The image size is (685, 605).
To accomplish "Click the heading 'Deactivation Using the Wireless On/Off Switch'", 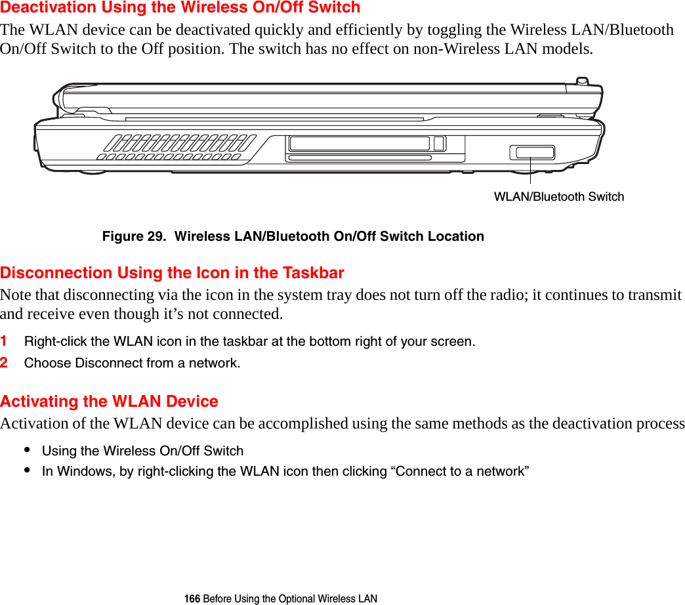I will (180, 8).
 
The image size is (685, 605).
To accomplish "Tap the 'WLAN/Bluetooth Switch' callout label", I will (558, 197).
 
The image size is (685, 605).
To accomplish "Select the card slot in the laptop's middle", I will (359, 144).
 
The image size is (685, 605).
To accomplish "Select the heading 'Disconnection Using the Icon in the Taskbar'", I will (173, 273).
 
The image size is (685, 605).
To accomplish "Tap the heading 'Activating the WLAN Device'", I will (110, 402).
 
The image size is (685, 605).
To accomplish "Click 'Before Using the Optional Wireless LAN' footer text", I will (290, 598).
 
